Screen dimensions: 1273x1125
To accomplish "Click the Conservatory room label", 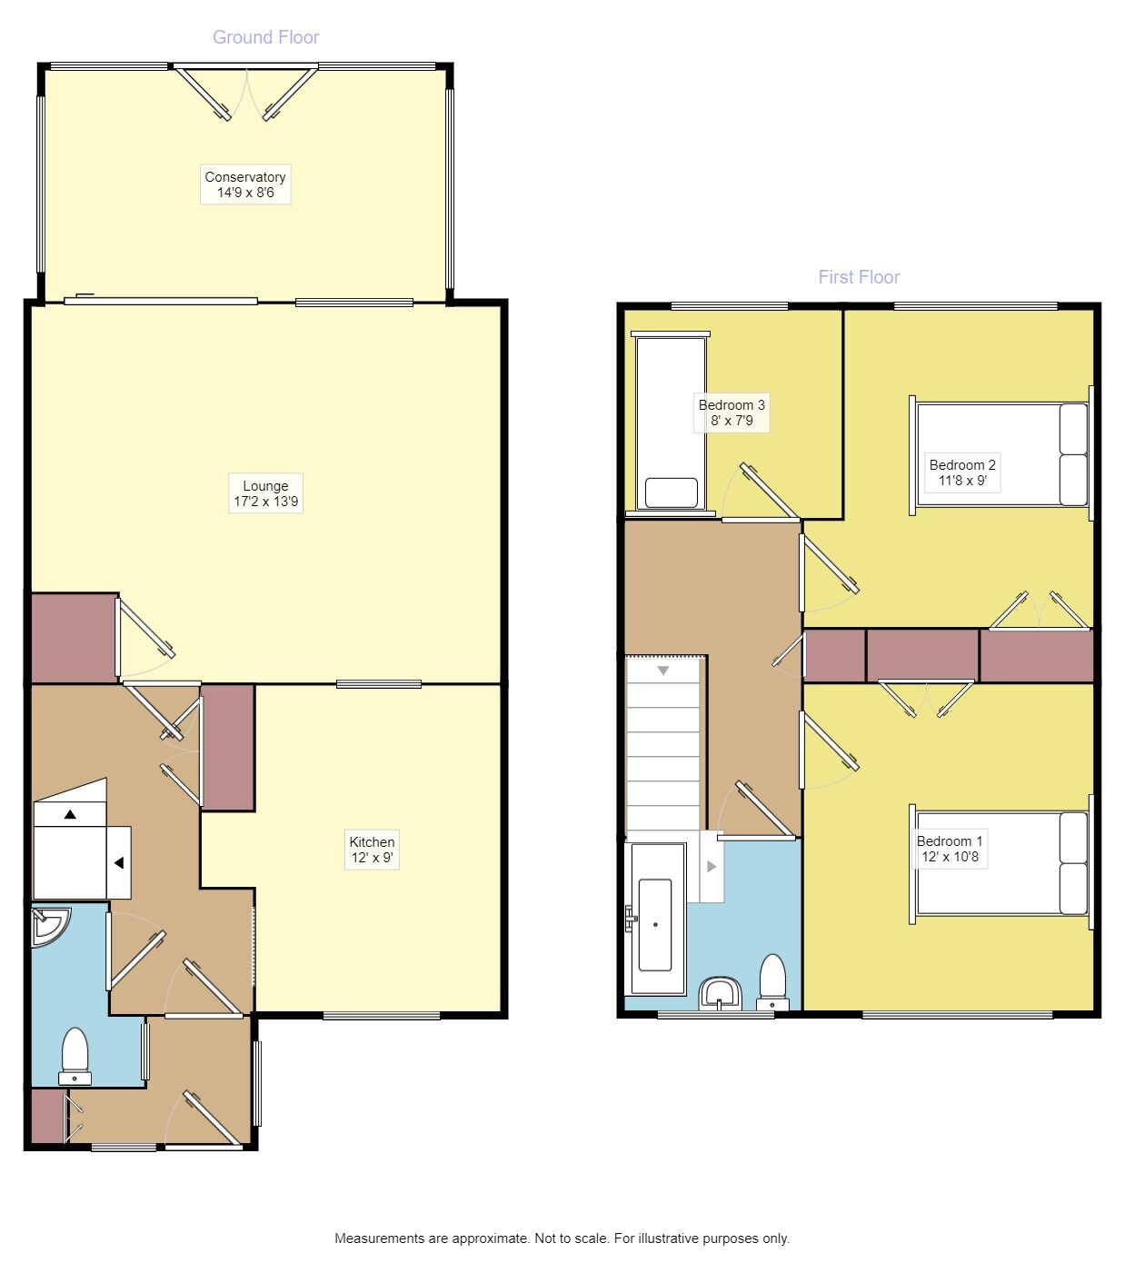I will click(245, 184).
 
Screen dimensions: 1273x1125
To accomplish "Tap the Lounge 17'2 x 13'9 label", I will click(265, 493).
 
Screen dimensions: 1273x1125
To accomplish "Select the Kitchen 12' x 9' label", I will click(373, 850).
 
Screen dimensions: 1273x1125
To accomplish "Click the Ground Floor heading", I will click(265, 37).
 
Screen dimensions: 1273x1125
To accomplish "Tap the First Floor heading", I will click(859, 277).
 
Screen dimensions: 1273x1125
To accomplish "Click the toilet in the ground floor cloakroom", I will click(75, 1057).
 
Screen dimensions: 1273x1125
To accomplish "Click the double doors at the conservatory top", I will click(245, 91).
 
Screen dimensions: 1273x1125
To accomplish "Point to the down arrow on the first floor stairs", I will click(663, 671).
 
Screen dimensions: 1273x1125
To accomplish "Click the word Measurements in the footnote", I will click(379, 1238).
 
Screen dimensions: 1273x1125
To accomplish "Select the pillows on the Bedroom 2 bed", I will click(1073, 454).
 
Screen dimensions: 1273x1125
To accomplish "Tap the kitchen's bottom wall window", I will click(382, 1016).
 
